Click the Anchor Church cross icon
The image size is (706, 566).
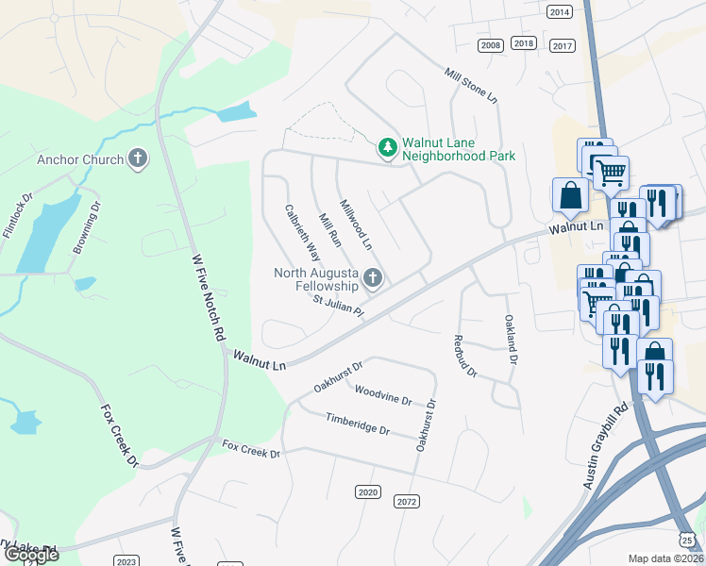[138, 158]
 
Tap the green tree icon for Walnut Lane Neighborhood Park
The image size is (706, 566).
[387, 148]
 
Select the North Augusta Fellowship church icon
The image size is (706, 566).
[373, 278]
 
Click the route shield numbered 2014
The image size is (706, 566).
[560, 11]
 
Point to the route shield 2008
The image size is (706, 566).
[491, 45]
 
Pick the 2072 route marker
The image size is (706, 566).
[407, 501]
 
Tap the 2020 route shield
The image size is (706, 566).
[368, 491]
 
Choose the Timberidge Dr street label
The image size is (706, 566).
[358, 424]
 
